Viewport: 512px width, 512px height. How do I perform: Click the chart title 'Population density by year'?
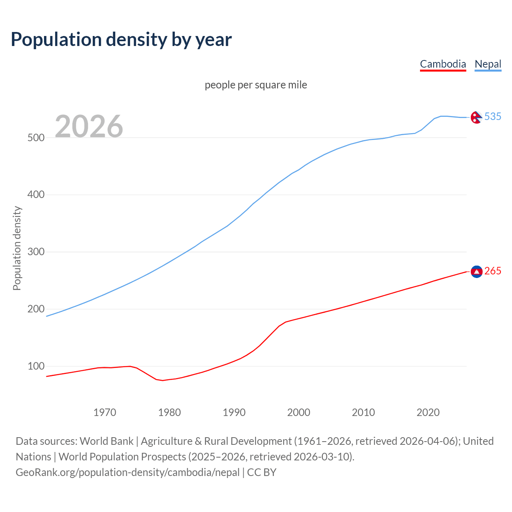click(121, 39)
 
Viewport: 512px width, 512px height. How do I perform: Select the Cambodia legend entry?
click(443, 64)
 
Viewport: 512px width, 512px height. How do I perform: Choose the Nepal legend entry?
click(488, 64)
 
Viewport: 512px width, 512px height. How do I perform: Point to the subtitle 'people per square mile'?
click(256, 85)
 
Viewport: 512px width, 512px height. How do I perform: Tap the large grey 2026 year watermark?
click(89, 126)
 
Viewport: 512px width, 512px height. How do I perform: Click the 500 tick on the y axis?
click(36, 138)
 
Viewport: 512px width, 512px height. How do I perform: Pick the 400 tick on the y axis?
click(36, 195)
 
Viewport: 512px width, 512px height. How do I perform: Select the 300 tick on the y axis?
click(36, 252)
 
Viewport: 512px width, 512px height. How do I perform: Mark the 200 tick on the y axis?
click(36, 309)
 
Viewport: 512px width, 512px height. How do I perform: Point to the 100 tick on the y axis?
click(36, 366)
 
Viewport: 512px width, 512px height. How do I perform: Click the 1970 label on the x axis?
click(105, 412)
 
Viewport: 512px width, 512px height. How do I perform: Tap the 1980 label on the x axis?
click(170, 412)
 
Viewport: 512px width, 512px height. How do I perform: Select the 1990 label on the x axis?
click(234, 412)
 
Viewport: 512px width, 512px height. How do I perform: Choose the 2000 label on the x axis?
click(299, 412)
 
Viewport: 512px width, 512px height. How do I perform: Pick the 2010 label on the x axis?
click(363, 412)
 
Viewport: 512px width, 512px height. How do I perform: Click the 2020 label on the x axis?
click(428, 412)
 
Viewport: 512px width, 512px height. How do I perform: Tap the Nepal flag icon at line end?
click(476, 117)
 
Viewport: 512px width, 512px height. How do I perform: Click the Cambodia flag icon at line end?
click(476, 272)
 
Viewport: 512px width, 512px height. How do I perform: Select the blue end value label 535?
click(493, 116)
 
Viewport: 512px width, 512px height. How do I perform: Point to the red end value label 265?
click(493, 271)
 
